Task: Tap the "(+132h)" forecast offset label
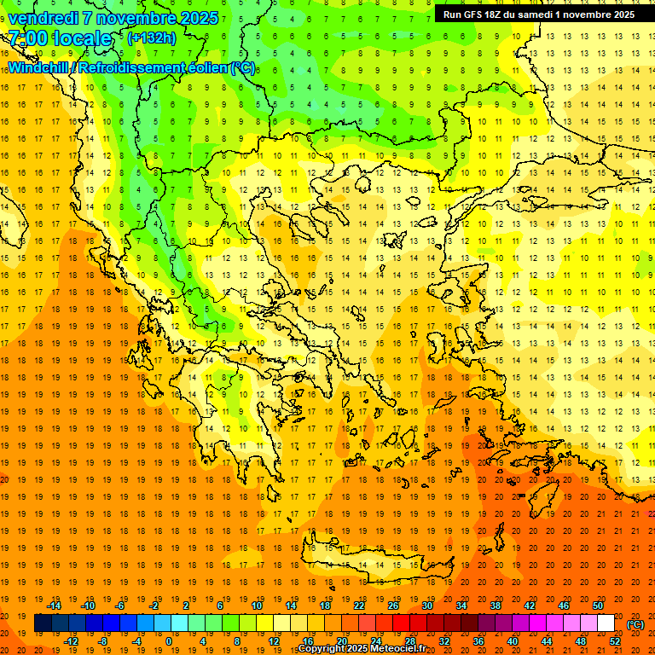tap(151, 38)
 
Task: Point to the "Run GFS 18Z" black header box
tap(538, 14)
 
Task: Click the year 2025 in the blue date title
tap(199, 18)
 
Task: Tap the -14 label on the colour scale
tap(55, 606)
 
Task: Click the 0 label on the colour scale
tap(168, 641)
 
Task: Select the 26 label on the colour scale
tap(393, 606)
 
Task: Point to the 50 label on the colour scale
tap(598, 606)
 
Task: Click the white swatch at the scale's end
tap(606, 623)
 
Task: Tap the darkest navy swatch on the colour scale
tap(43, 623)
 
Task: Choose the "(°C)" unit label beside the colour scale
tap(635, 624)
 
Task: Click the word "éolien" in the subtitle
tap(205, 67)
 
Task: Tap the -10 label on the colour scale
tap(88, 606)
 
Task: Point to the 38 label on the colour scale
tap(496, 606)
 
